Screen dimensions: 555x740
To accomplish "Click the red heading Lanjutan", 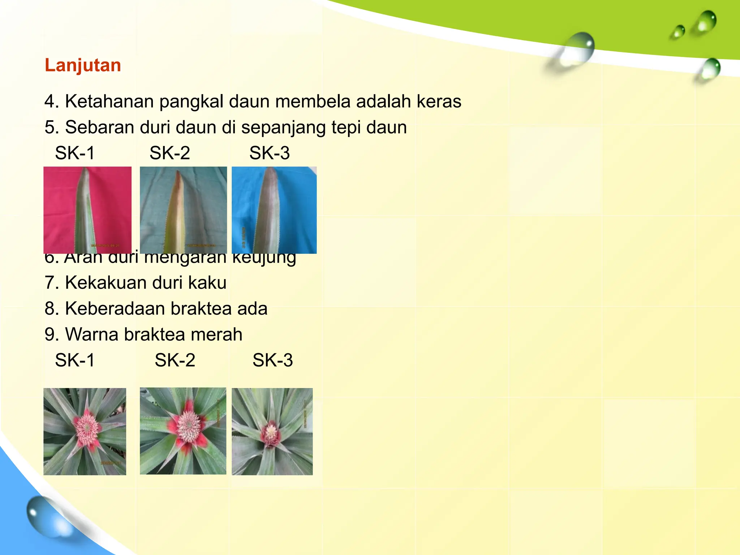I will (x=83, y=65).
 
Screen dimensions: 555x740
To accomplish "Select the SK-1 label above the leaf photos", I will (x=75, y=153).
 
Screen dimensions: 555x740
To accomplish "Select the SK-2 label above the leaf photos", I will (x=169, y=153).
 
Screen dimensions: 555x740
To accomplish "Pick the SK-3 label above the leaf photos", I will (x=269, y=153).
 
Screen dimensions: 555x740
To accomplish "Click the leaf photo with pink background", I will (x=87, y=210).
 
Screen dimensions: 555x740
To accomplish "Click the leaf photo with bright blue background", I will (x=274, y=210).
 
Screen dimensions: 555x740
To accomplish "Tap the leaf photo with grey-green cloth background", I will (x=183, y=210).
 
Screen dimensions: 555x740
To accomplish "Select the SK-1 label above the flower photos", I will (x=75, y=360).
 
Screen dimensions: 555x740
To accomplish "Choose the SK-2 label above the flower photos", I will (x=175, y=360).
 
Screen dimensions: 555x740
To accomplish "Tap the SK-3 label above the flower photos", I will (x=272, y=360).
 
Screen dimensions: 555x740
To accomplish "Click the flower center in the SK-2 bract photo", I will (x=188, y=427).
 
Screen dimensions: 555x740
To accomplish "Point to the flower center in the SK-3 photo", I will (x=271, y=432).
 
